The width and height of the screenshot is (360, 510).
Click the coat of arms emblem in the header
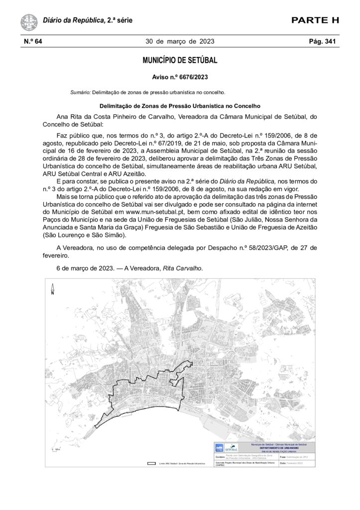point(29,22)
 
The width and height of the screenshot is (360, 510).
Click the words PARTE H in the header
point(315,20)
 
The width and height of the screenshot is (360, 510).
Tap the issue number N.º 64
point(33,41)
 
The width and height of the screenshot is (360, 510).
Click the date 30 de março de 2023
point(180,41)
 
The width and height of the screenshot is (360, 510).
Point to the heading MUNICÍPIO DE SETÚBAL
point(180,61)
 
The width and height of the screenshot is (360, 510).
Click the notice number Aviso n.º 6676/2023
point(180,77)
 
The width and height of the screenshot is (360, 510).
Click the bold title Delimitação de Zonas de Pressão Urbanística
point(180,106)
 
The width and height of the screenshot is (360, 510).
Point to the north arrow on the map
point(52,289)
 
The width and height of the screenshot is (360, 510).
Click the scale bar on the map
point(55,450)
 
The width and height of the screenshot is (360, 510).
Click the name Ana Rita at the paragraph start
point(70,117)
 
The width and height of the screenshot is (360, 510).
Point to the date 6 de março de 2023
point(86,268)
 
